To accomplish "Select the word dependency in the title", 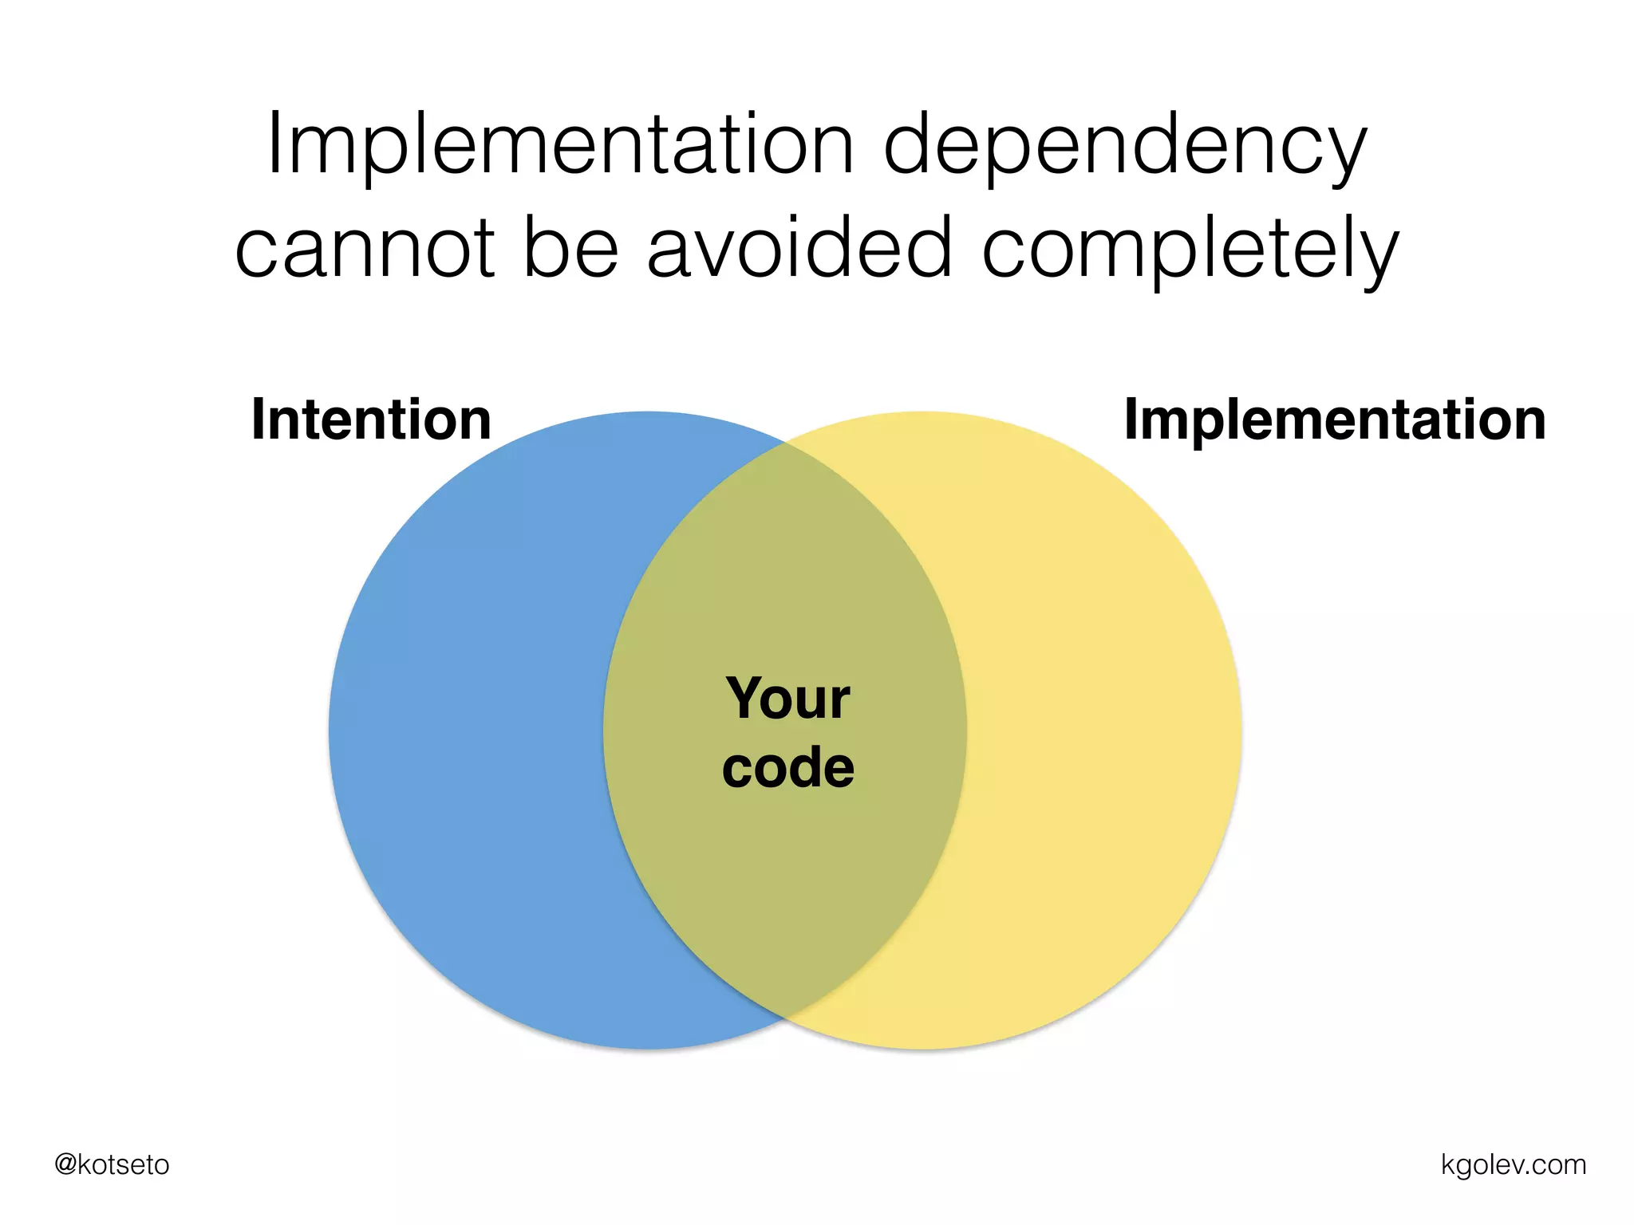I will pos(1125,148).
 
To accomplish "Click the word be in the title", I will pos(570,248).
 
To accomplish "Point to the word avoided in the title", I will pos(799,248).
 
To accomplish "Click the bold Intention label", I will pos(371,419).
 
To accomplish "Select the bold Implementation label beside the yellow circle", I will pos(1335,421).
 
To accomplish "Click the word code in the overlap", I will pos(788,767).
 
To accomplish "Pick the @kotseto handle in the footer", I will pos(112,1164).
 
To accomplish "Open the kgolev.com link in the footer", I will pos(1513,1164).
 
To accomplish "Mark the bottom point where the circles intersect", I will pos(785,1020).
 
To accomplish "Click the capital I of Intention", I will pos(258,419).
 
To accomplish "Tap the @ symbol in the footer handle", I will pos(65,1165).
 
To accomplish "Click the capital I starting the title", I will pos(274,144).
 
